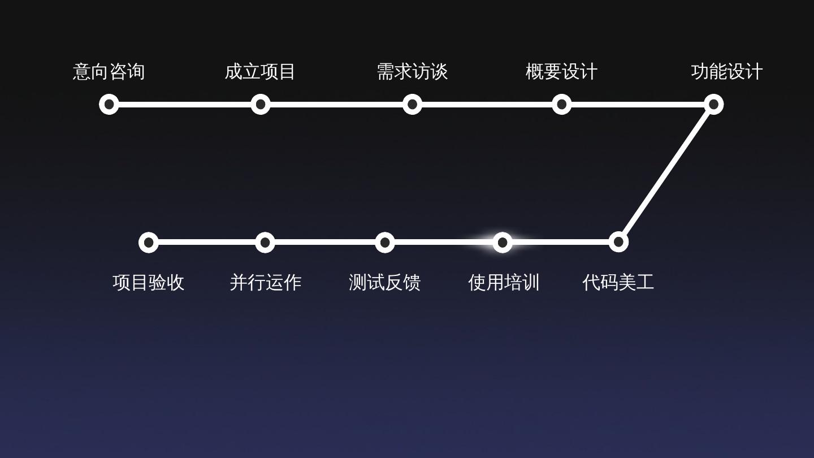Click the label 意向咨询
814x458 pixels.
[109, 72]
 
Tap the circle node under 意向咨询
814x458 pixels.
[109, 104]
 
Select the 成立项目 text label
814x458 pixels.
[260, 72]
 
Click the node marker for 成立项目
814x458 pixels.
[260, 104]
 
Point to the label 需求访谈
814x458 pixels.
[412, 72]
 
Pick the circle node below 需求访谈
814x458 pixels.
[412, 104]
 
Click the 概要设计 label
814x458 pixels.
[561, 72]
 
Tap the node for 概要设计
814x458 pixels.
[561, 104]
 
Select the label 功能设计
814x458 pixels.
[726, 72]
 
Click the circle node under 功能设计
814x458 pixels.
[713, 104]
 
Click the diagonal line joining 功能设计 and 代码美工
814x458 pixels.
[666, 173]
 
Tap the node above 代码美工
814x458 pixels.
[618, 242]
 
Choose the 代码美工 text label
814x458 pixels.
[618, 282]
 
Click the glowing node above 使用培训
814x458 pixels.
[502, 243]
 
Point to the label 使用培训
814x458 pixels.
[504, 282]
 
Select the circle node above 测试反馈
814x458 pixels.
[384, 243]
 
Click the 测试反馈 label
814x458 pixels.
[384, 282]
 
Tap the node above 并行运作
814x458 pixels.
[265, 243]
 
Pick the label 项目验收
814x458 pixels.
[148, 282]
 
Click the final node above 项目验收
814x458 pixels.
[148, 243]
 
